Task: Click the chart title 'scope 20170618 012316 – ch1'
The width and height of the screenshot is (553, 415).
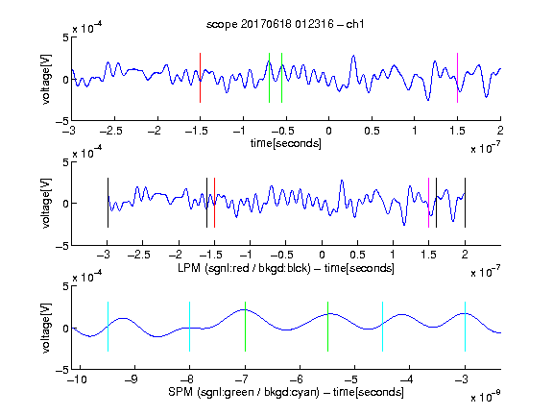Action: [285, 24]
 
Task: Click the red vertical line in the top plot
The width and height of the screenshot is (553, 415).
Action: [200, 78]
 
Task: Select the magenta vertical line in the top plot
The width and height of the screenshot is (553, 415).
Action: [457, 78]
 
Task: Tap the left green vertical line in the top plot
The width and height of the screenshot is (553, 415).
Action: [269, 78]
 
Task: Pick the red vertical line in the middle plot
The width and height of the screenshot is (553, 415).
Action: [214, 203]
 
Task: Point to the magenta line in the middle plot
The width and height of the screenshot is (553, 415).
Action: [428, 203]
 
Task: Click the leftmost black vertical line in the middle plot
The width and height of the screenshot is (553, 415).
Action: [108, 203]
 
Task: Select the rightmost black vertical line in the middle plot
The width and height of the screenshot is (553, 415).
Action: [465, 203]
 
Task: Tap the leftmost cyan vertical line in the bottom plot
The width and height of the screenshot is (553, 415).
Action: [108, 327]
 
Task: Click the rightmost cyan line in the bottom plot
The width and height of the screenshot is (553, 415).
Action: [465, 327]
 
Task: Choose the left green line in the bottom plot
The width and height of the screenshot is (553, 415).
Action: [245, 327]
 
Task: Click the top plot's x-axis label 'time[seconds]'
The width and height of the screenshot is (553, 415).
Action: [286, 144]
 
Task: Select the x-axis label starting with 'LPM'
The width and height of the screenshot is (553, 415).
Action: [286, 268]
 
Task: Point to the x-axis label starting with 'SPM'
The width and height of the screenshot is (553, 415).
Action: [286, 392]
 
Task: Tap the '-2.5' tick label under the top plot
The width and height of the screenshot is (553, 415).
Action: [110, 131]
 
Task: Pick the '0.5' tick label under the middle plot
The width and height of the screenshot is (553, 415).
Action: [357, 255]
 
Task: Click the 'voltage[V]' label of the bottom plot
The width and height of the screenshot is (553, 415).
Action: [46, 328]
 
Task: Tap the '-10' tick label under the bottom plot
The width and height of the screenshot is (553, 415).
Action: [77, 379]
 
